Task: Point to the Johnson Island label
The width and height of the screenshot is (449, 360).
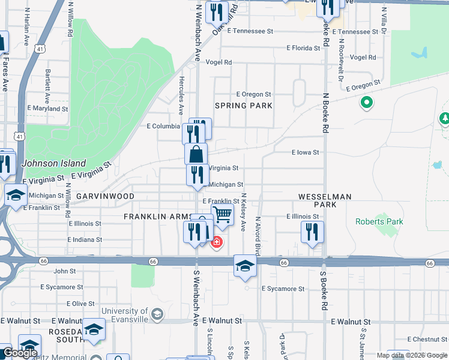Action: point(54,163)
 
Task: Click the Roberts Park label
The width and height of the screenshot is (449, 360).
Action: point(379,221)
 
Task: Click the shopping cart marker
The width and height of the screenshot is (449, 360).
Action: point(223,214)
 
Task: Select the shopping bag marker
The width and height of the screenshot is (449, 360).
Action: point(196,154)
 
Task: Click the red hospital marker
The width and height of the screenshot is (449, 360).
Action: point(216,243)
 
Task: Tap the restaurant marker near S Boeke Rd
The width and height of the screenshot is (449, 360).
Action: point(312,232)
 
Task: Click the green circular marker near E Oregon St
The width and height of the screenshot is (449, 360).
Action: point(367,104)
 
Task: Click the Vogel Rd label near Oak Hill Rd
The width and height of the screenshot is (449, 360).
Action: point(218,62)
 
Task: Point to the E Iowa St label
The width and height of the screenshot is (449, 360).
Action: point(305,152)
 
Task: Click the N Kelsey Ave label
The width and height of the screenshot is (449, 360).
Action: point(244,212)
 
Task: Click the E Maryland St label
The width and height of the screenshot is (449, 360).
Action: point(47,109)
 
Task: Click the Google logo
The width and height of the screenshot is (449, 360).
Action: point(20,353)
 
